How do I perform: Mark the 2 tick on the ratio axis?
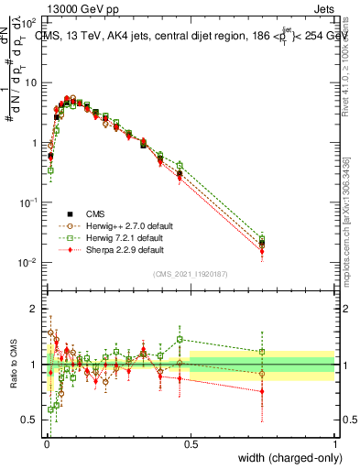pos(35,309)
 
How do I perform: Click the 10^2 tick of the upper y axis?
pos(29,21)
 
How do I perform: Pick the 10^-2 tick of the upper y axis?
pos(29,263)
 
